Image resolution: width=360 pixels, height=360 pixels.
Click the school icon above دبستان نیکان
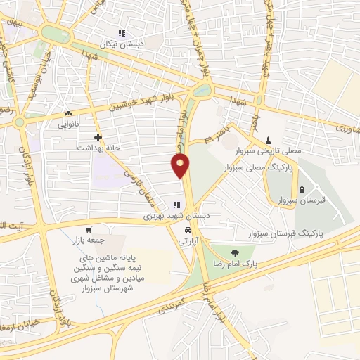pos(122,33)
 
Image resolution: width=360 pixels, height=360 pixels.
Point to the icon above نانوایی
pos(68,112)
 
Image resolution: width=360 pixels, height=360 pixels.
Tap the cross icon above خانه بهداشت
pos(97,137)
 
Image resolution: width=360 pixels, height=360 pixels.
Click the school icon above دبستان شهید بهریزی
pos(174,205)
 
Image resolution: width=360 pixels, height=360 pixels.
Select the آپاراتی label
pos(188,240)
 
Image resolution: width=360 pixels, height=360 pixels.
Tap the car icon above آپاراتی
pos(188,230)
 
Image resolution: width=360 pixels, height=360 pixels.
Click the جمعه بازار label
pos(87,240)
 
